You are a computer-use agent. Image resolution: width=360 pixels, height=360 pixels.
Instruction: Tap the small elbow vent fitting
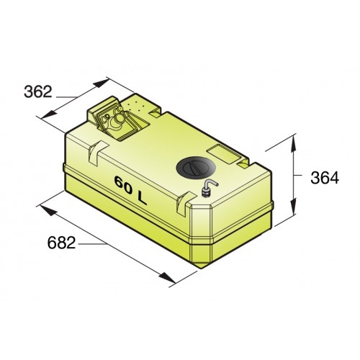tap(206, 189)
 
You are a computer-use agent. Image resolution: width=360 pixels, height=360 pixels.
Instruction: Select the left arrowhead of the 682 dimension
tap(45, 209)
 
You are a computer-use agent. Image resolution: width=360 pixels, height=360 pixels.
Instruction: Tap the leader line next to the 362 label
tap(65, 96)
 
